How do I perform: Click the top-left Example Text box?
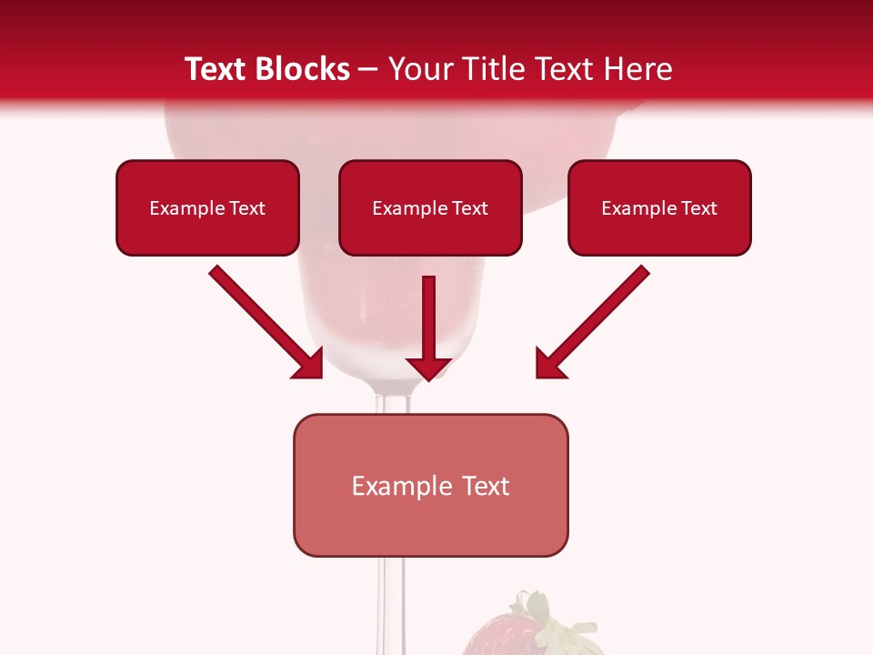207,207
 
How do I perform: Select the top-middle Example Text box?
430,207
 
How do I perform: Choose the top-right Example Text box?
659,207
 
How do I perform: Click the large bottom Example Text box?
430,485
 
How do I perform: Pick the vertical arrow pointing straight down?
429,318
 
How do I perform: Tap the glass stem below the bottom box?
390,600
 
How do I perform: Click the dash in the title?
368,69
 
